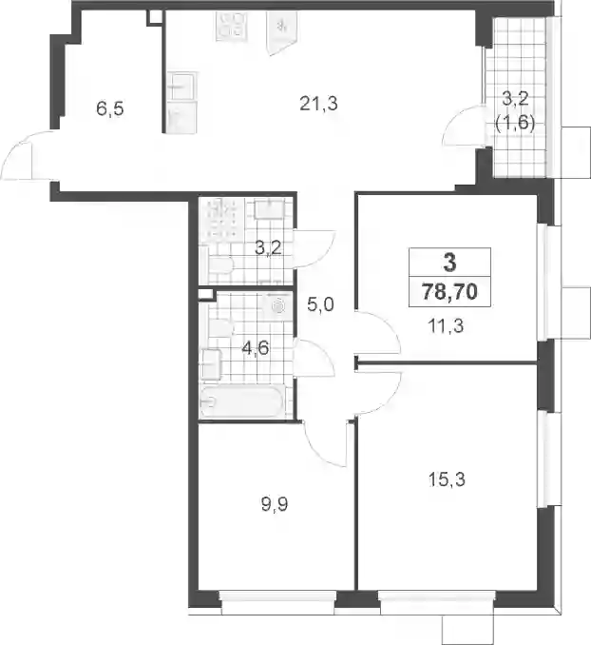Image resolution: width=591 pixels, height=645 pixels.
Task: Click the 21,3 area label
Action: point(318,104)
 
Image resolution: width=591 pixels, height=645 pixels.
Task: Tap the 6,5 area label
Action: point(110,109)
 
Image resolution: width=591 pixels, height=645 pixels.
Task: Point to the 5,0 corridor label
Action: point(320,304)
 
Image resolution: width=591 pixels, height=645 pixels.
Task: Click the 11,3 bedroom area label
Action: point(446,325)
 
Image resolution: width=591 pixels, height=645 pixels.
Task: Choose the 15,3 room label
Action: point(447,479)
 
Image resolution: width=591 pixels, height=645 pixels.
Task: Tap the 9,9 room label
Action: point(275,504)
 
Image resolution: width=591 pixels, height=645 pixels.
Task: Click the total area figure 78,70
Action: point(450,292)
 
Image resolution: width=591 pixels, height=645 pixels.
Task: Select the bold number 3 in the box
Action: point(450,262)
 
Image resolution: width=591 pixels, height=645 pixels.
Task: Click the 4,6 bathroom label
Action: point(256,348)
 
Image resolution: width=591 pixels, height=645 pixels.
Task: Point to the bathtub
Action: point(240,401)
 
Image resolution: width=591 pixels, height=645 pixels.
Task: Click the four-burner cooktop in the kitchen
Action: point(232,26)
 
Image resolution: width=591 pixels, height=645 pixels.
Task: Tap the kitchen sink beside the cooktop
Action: point(281,32)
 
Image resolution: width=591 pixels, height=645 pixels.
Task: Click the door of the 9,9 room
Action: point(325,444)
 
